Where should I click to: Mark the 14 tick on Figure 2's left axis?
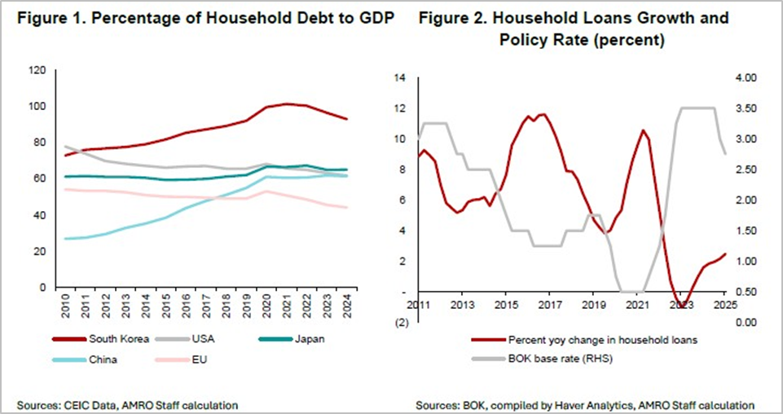pos(399,77)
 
